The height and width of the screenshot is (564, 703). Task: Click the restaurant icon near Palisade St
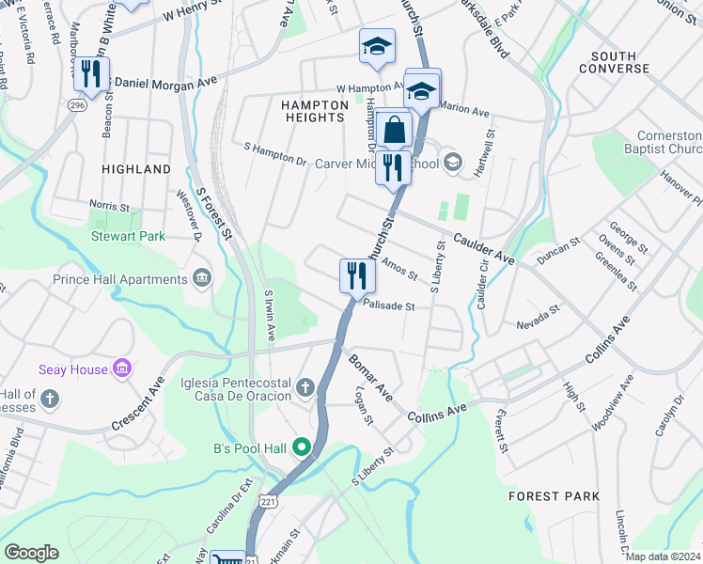click(x=357, y=275)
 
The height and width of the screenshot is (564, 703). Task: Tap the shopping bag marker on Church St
click(x=396, y=130)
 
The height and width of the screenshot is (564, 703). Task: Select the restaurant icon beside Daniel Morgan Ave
click(x=91, y=73)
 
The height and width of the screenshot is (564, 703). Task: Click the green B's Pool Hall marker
click(x=303, y=446)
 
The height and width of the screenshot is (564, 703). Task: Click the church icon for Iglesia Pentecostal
click(x=305, y=387)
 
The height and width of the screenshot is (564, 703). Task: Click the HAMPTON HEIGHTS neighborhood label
click(x=313, y=111)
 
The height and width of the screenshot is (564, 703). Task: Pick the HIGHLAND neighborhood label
click(x=136, y=169)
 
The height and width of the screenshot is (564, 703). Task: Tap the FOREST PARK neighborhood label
click(x=553, y=495)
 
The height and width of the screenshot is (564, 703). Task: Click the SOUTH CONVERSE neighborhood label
click(x=614, y=62)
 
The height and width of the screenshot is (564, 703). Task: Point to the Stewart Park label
click(x=128, y=237)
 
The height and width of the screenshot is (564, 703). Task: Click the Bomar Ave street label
click(x=370, y=373)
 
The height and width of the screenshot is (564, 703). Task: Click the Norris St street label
click(x=109, y=205)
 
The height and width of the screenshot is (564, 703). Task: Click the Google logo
click(x=32, y=553)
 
